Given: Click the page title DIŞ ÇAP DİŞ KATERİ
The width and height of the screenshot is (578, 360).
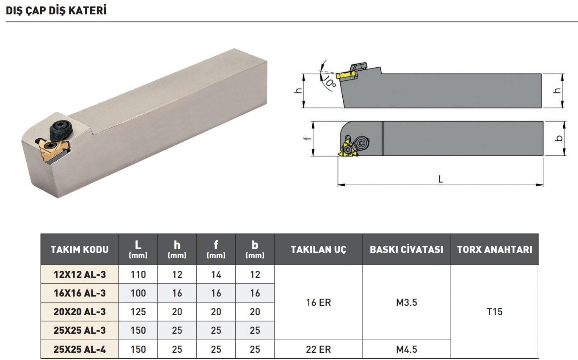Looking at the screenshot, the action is (56, 11).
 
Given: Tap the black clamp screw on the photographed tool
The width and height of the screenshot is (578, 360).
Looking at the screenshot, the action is (61, 131).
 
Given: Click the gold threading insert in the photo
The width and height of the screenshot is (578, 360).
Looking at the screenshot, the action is (53, 150).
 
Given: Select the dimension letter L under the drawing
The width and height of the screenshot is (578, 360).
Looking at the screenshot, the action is (441, 179).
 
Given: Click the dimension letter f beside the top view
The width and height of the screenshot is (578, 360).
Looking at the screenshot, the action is (307, 138).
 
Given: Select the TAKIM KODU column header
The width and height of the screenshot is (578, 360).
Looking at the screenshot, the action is (80, 250).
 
